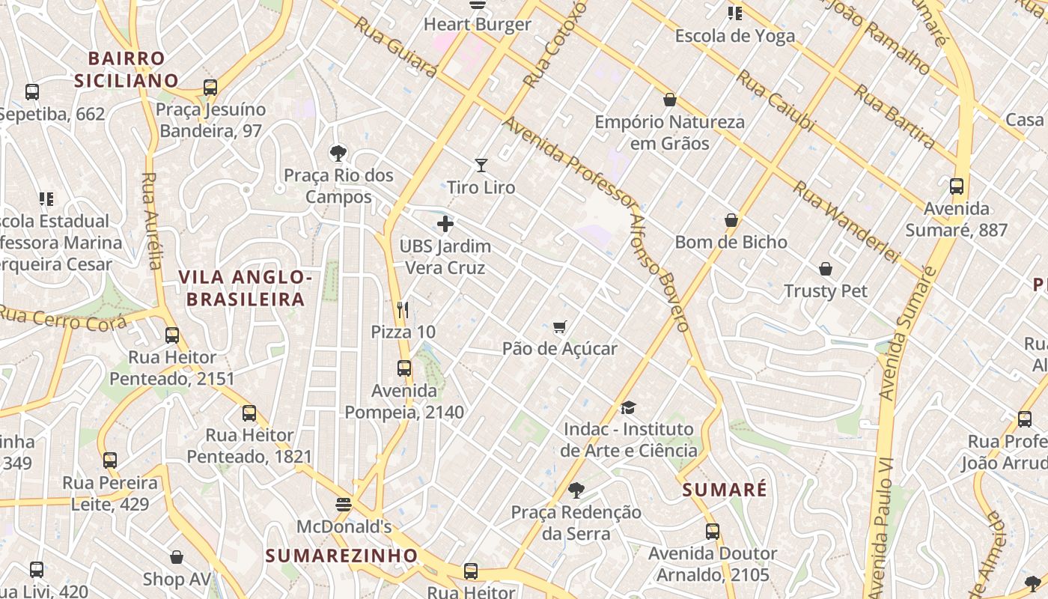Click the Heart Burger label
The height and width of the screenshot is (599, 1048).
coord(478,24)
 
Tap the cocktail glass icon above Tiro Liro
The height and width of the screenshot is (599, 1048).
coord(481,165)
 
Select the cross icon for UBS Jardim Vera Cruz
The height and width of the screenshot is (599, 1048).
coord(445,224)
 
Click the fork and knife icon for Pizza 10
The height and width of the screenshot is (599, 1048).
coord(403,309)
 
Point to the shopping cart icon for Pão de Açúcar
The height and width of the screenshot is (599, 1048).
coord(559,326)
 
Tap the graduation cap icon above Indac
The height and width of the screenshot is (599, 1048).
coord(628,407)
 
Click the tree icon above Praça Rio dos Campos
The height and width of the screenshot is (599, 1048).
coord(338,153)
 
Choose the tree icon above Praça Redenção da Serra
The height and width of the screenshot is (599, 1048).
coord(576,490)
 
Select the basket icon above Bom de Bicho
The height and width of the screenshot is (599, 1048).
coord(731,220)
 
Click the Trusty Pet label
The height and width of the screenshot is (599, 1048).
coord(826,291)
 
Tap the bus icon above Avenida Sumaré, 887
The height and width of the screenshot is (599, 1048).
coord(956,186)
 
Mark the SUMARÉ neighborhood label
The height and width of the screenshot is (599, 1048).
coord(725,490)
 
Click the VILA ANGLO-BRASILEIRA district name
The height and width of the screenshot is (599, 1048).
coord(246,288)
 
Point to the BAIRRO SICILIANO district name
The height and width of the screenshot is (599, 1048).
coord(127,69)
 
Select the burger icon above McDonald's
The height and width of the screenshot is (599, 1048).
coord(344,505)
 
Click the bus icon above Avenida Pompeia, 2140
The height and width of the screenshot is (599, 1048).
coord(404,368)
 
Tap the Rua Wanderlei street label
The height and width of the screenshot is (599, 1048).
coord(845,222)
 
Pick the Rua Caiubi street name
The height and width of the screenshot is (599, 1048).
coord(774,101)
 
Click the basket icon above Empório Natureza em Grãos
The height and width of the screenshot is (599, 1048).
coord(670,100)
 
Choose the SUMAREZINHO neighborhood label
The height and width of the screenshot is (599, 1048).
coord(341,556)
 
